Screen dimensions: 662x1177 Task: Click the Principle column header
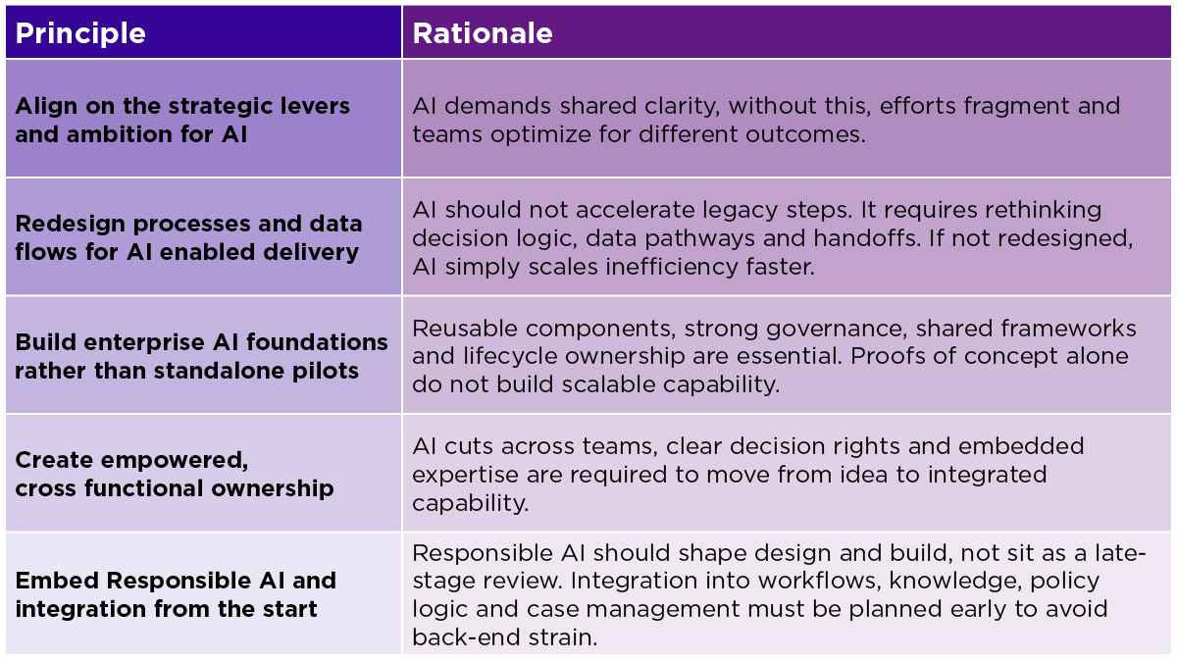[x=80, y=32]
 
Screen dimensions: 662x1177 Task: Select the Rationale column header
[x=483, y=32]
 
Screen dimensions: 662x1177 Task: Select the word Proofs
[x=994, y=356]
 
